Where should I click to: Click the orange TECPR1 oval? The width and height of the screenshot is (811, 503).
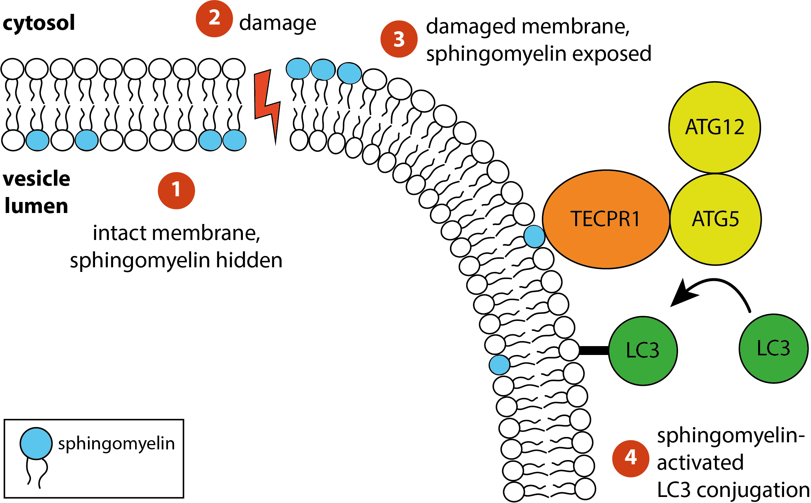coord(606,219)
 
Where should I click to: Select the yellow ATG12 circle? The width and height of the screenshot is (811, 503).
coord(715,127)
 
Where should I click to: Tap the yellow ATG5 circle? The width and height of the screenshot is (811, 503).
coord(716,219)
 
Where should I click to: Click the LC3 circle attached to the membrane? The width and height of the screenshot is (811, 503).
coord(643,351)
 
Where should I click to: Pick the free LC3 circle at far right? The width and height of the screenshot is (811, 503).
coord(773,348)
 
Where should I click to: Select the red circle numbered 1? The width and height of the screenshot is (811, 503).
coord(176,190)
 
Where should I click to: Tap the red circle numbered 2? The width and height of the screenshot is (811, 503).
coord(214,18)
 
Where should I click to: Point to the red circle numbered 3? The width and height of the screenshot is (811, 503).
coord(399,39)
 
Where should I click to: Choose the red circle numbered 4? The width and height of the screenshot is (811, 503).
coord(631,458)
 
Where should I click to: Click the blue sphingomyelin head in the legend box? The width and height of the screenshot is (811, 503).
coord(36,443)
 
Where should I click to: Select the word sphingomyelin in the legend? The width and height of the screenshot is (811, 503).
coord(116,444)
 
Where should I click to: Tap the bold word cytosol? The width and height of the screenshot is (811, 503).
coord(39,23)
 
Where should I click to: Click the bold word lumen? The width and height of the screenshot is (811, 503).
coord(36,206)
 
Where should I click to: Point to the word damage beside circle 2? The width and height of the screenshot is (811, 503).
coord(277,23)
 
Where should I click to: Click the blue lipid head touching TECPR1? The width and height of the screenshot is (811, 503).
coord(534,237)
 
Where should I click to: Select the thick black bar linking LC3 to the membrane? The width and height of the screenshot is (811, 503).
coord(594,350)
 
